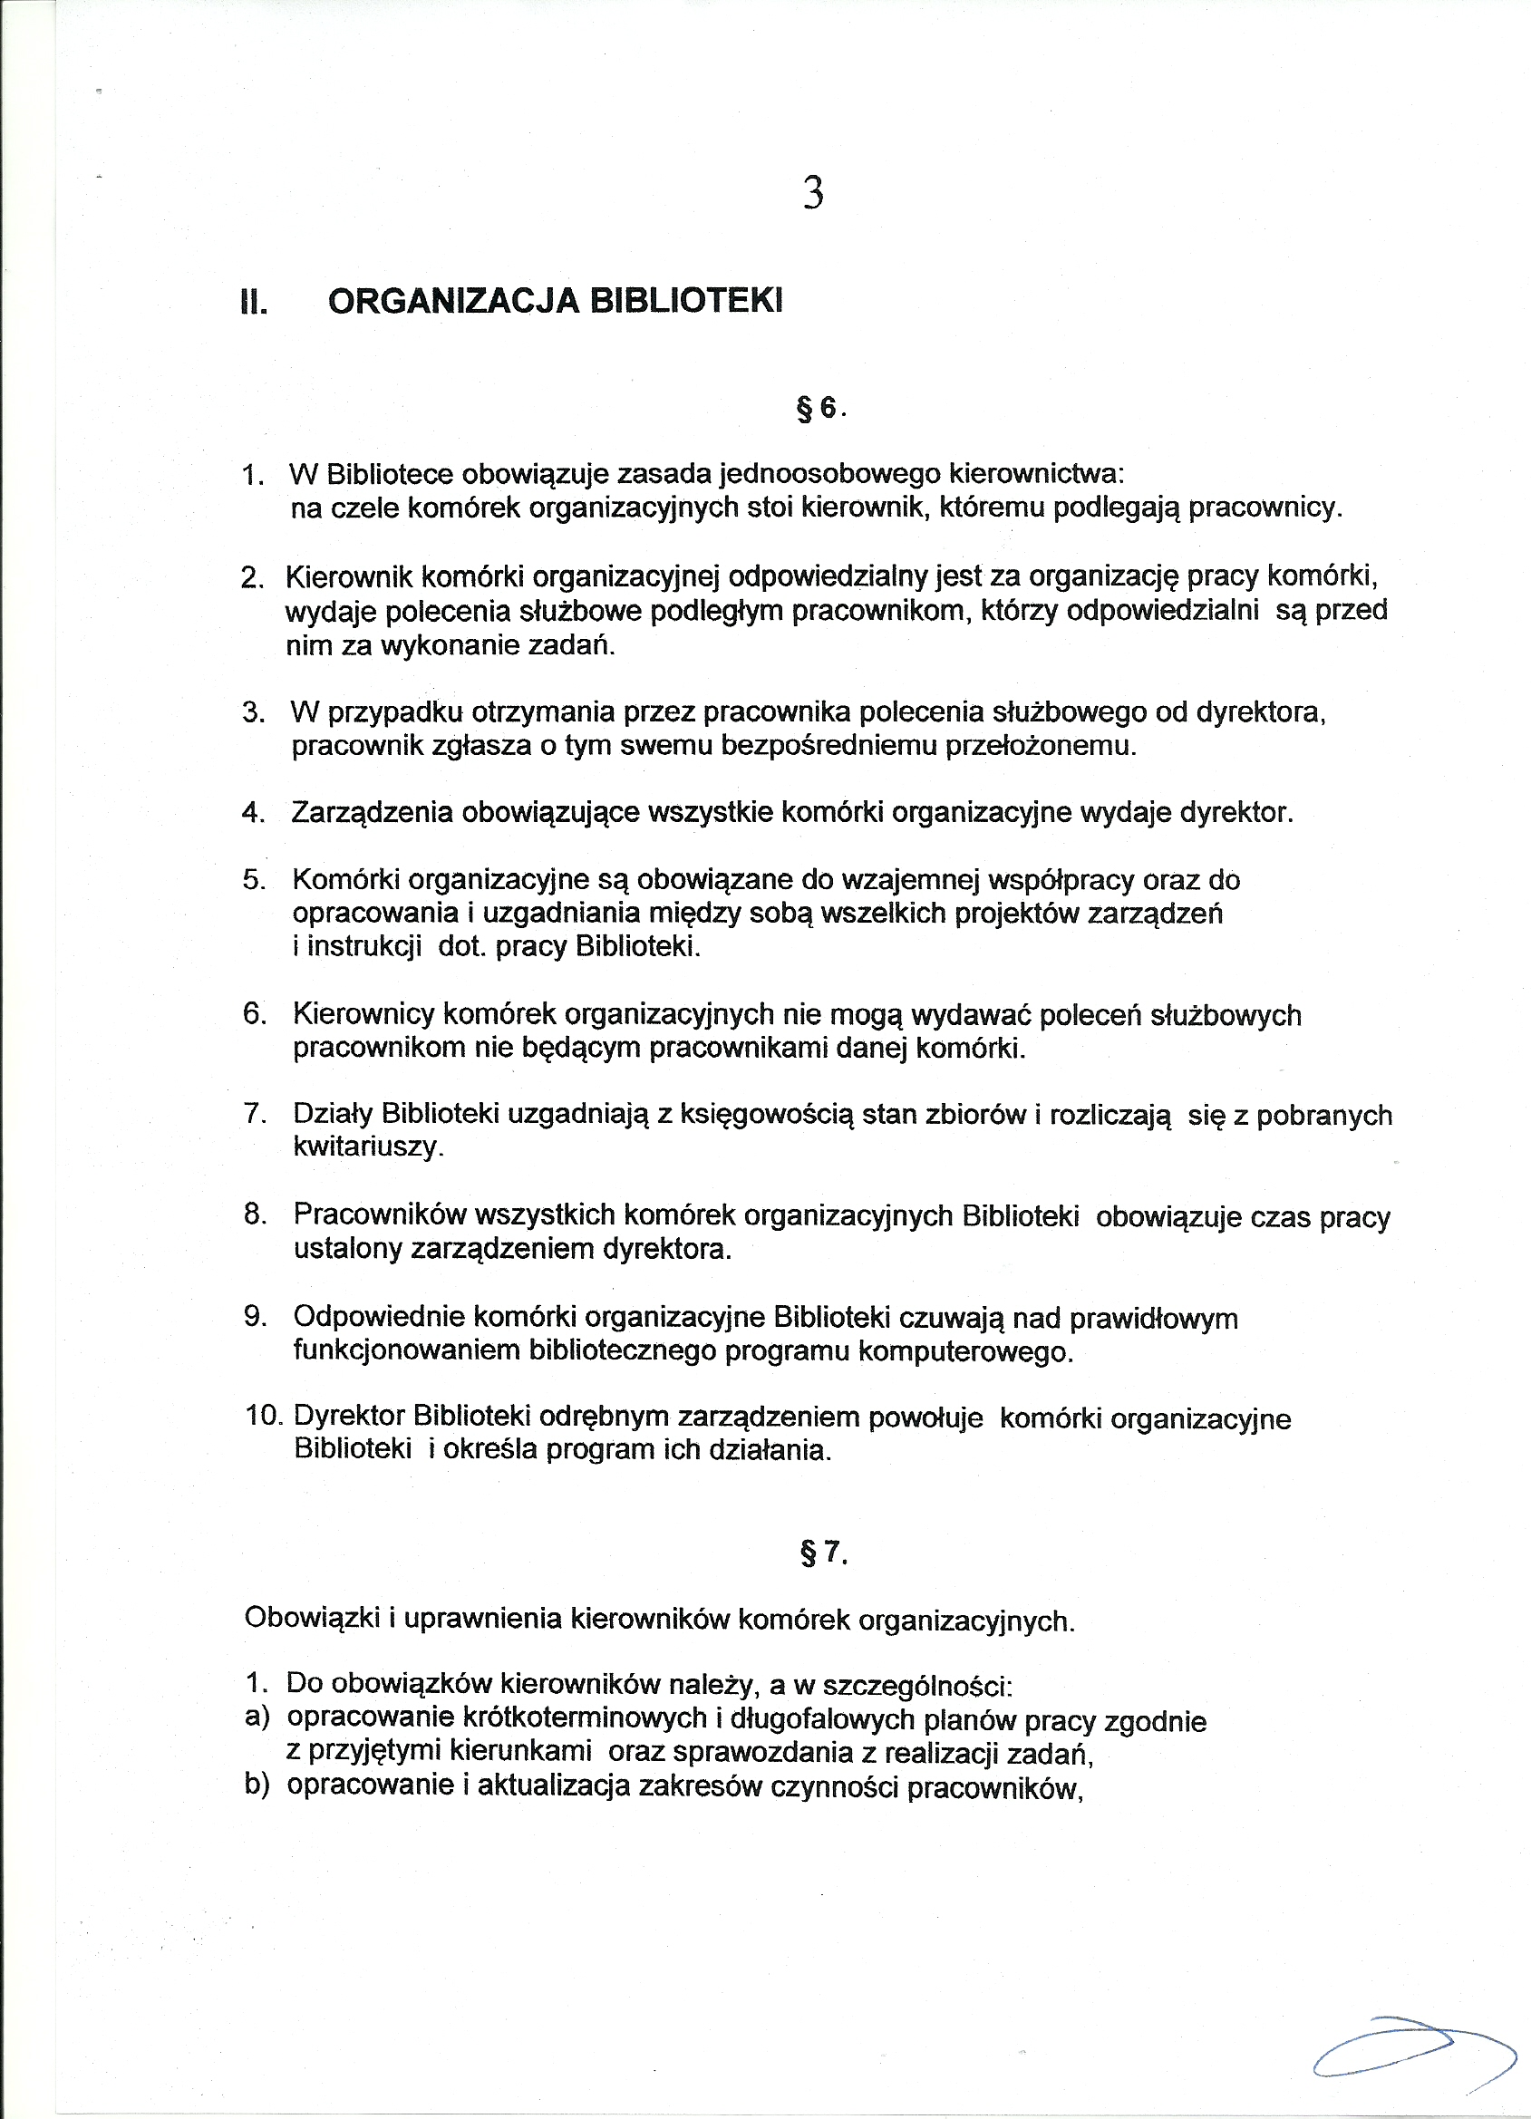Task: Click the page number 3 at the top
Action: pyautogui.click(x=812, y=192)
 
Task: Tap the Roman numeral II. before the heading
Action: pyautogui.click(x=254, y=303)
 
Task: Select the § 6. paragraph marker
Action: pyautogui.click(x=819, y=408)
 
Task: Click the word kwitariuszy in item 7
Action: pyautogui.click(x=367, y=1147)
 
